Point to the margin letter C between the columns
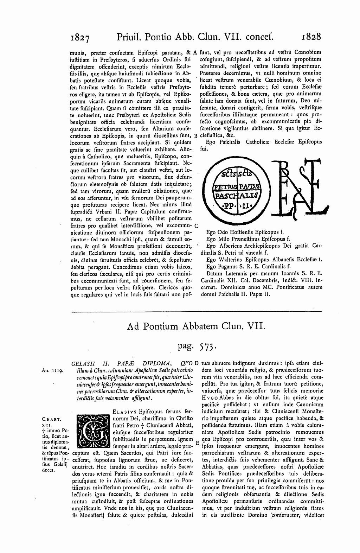tap(196, 225)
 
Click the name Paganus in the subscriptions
tap(228, 266)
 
